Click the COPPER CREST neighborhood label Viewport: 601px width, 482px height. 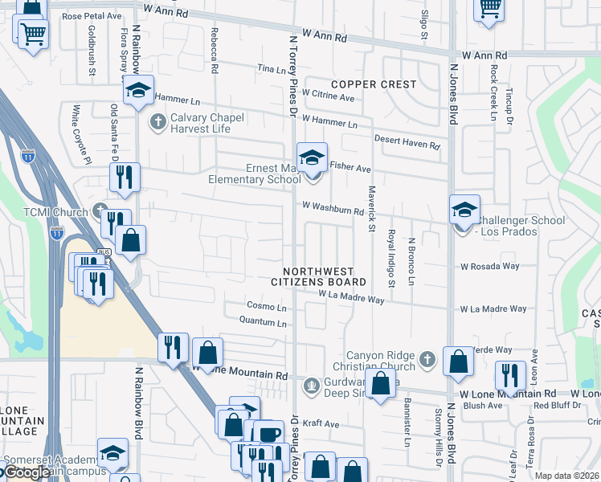point(374,84)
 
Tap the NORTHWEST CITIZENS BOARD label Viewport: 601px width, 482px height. point(318,276)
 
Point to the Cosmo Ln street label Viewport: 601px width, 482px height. point(267,307)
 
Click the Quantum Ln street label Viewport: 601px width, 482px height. point(263,321)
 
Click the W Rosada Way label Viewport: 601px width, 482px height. point(489,266)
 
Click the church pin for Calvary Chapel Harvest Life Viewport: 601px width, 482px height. point(157,122)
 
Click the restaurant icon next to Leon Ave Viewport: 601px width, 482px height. point(509,375)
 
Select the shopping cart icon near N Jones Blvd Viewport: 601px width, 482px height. point(489,8)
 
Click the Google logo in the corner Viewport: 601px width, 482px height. point(27,473)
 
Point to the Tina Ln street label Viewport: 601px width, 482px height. point(272,69)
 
